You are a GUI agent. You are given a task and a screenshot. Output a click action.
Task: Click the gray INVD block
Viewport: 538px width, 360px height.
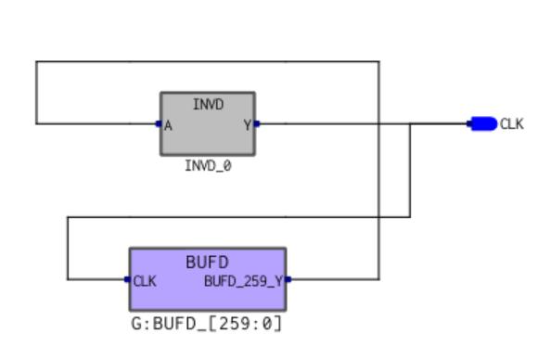[x=208, y=123]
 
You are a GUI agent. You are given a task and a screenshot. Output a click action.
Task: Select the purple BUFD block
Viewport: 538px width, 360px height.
[x=208, y=279]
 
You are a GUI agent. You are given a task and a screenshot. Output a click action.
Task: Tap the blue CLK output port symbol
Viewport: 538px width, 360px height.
[x=482, y=123]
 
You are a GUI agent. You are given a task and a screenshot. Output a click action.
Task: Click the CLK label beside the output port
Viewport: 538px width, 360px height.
[x=512, y=124]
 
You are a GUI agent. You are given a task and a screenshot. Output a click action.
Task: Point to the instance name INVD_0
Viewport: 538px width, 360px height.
[x=208, y=166]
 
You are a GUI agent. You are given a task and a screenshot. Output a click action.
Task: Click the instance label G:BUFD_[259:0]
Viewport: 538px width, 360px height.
[x=207, y=324]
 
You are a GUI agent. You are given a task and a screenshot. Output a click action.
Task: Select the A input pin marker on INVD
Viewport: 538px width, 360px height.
[x=159, y=123]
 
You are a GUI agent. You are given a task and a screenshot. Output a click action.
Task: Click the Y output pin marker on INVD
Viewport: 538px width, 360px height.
[x=257, y=123]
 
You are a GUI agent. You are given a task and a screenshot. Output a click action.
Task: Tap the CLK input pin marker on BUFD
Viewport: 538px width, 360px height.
[x=127, y=279]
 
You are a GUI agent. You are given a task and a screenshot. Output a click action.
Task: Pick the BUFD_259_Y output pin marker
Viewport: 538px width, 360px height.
[x=288, y=279]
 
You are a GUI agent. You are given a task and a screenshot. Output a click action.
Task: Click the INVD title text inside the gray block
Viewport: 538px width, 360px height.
[x=208, y=104]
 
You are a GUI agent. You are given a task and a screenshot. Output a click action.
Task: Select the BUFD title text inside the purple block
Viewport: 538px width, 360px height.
[x=207, y=263]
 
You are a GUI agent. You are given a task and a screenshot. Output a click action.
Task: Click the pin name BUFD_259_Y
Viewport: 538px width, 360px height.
[x=243, y=281]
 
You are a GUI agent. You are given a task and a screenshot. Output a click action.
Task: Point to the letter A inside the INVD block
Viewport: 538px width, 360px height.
[x=168, y=126]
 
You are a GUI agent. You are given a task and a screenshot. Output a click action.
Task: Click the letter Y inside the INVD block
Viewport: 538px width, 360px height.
[x=248, y=125]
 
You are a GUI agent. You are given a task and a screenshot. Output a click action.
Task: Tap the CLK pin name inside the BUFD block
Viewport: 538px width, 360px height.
[x=145, y=281]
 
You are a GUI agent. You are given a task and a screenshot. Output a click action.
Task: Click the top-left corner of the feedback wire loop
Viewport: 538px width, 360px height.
[x=36, y=62]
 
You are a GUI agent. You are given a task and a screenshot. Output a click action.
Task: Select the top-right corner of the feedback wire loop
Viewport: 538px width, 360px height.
[x=379, y=62]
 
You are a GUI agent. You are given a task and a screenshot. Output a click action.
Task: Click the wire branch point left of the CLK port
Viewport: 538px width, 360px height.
[x=410, y=123]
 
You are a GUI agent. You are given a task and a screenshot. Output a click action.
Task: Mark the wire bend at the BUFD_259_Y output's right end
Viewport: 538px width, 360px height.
[x=379, y=279]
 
